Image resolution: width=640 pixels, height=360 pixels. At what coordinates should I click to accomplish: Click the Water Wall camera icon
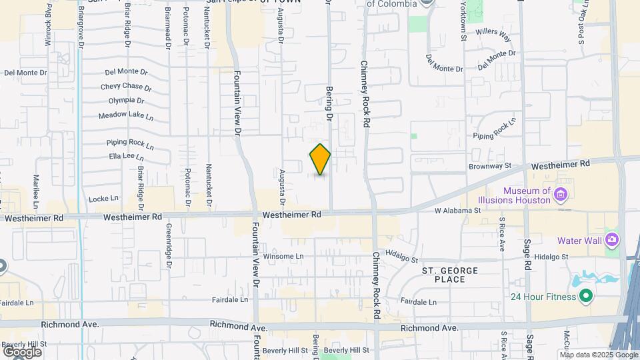click(x=611, y=240)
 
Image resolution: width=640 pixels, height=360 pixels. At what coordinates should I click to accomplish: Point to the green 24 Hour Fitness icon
click(x=586, y=297)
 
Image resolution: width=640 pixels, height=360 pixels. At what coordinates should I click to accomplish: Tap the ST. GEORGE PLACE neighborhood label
click(x=450, y=275)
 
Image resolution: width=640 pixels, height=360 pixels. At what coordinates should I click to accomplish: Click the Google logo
click(x=22, y=351)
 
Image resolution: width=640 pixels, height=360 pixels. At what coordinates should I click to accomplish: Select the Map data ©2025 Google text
click(x=597, y=354)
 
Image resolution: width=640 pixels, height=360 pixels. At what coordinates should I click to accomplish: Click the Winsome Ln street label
click(x=283, y=257)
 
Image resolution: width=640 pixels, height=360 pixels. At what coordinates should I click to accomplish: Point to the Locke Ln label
click(x=103, y=198)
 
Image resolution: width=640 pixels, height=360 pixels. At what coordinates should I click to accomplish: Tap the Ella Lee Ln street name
click(x=126, y=157)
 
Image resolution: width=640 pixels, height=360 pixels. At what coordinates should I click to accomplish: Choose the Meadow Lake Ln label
click(x=126, y=115)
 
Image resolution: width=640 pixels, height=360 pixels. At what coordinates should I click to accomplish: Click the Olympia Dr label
click(x=126, y=101)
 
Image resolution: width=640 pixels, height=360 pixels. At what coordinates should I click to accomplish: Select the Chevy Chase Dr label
click(x=126, y=87)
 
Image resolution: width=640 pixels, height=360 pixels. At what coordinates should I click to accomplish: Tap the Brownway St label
click(x=489, y=166)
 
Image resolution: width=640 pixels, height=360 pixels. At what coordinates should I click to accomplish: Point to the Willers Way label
click(x=493, y=31)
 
